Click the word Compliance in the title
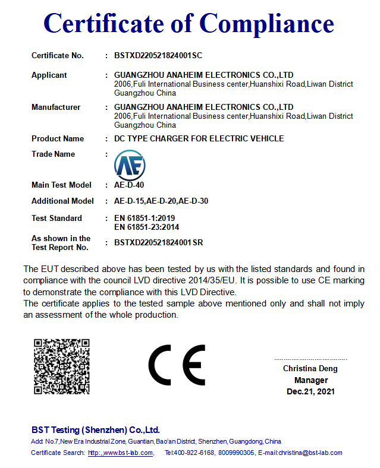(x=266, y=23)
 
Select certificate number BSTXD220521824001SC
(x=158, y=56)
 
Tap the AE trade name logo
(x=130, y=165)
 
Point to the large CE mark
(x=177, y=365)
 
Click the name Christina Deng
(x=310, y=369)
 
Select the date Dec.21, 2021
(x=310, y=391)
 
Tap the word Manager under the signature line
(x=310, y=380)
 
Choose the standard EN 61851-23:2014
(x=146, y=227)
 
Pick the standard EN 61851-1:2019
(x=144, y=219)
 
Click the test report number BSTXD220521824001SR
(x=158, y=243)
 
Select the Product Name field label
(x=58, y=139)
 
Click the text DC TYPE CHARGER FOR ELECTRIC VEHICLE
(x=199, y=139)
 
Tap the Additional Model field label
(x=62, y=201)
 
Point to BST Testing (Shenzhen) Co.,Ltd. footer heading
(x=95, y=430)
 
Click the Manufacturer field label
(x=56, y=107)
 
